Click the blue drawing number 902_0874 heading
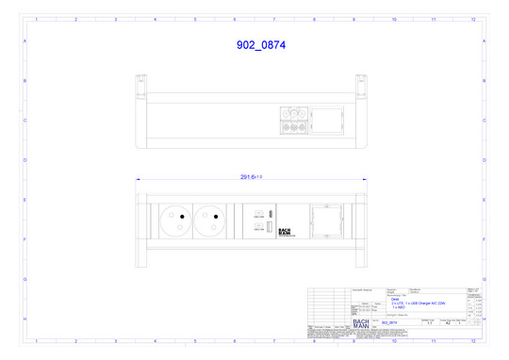click(x=260, y=44)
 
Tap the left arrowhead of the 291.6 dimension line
click(x=138, y=180)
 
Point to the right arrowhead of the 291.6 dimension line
click(x=363, y=180)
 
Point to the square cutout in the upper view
click(x=328, y=121)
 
